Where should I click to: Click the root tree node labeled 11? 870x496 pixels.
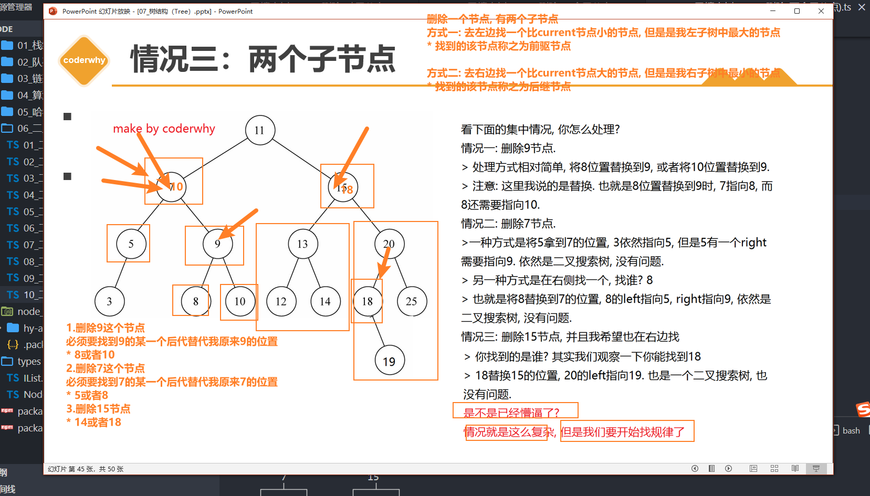(260, 130)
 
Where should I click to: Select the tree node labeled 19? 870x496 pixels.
(389, 361)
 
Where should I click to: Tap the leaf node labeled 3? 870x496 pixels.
(109, 301)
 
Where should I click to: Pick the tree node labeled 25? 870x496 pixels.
(412, 301)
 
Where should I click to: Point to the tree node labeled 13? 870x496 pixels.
(302, 244)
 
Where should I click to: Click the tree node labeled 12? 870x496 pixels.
(281, 301)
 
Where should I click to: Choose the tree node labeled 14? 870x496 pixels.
(325, 301)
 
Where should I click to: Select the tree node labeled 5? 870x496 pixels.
(131, 244)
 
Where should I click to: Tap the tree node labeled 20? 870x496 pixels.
(389, 244)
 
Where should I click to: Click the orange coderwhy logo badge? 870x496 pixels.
(84, 60)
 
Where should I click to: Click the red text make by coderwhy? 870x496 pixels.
(164, 129)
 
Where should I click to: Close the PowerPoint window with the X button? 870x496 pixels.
(821, 11)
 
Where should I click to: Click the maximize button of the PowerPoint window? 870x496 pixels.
(797, 11)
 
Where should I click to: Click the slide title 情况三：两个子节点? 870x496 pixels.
(263, 59)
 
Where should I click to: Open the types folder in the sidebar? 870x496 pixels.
(28, 361)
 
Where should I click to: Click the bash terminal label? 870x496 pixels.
(851, 430)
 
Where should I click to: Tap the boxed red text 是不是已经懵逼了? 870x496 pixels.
(511, 413)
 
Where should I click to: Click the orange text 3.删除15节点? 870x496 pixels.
(98, 408)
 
